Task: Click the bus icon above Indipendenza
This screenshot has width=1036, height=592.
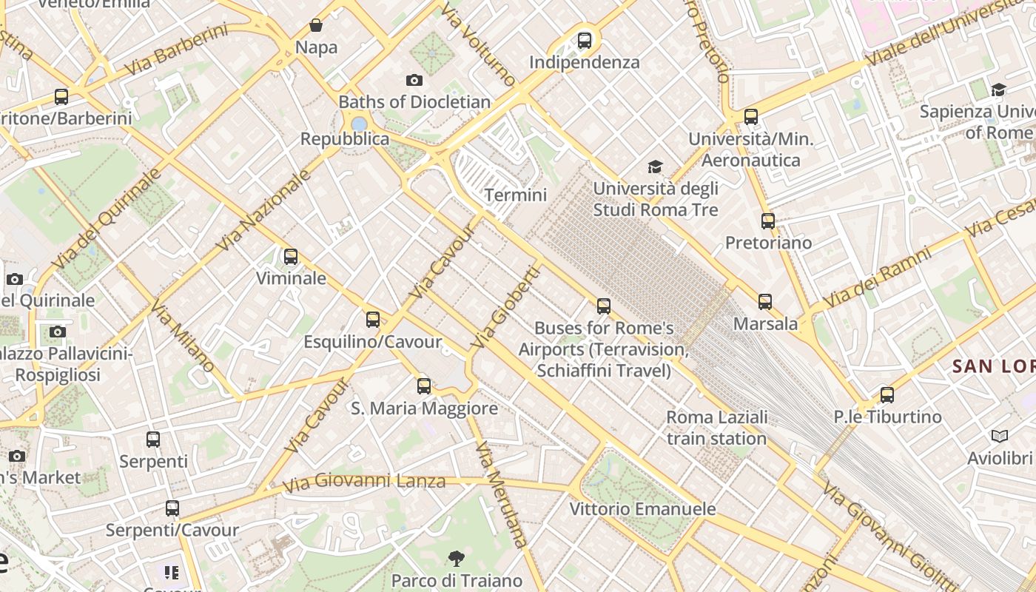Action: [x=585, y=40]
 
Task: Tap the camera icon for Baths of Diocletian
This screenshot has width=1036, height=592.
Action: [x=414, y=80]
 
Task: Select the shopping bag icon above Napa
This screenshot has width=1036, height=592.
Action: [x=316, y=26]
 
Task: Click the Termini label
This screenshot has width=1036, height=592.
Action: [x=515, y=195]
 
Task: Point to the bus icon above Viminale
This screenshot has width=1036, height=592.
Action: [x=291, y=257]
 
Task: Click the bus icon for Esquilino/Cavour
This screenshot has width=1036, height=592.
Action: [x=373, y=320]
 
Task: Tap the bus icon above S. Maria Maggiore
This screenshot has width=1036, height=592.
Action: [x=424, y=386]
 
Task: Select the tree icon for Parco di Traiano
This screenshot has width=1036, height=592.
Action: [x=457, y=558]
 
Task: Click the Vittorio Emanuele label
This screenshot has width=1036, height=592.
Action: [x=642, y=509]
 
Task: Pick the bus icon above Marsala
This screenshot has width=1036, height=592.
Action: [x=765, y=301]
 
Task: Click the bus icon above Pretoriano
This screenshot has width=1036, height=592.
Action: [x=768, y=221]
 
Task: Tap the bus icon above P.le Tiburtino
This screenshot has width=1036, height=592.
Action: [x=887, y=394]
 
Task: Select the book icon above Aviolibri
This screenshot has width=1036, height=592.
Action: [x=1000, y=436]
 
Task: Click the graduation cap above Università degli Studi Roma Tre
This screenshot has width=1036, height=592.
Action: [x=655, y=166]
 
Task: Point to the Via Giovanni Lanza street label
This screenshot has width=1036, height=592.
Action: [x=365, y=482]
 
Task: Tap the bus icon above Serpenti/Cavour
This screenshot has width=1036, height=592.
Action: [x=172, y=508]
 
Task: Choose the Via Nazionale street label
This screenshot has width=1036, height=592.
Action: [x=263, y=210]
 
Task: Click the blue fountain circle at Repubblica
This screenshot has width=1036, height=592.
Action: [x=359, y=124]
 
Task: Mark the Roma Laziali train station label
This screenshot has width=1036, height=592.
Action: [x=716, y=428]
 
